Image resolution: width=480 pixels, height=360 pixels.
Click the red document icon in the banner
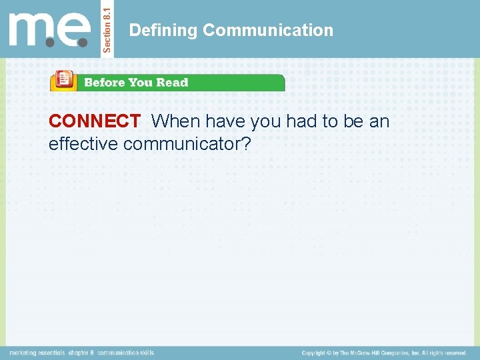64,80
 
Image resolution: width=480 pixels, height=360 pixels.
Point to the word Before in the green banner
102,83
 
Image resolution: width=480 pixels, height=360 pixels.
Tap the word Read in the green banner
173,83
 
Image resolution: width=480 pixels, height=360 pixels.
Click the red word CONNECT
94,121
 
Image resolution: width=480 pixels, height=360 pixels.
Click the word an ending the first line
379,121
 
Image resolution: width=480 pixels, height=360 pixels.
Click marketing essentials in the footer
37,352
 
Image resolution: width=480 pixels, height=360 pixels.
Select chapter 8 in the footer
81,352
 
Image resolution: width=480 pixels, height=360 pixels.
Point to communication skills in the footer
125,352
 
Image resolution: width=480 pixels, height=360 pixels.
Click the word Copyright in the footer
317,353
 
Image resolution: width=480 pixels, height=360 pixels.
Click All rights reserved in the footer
444,353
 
